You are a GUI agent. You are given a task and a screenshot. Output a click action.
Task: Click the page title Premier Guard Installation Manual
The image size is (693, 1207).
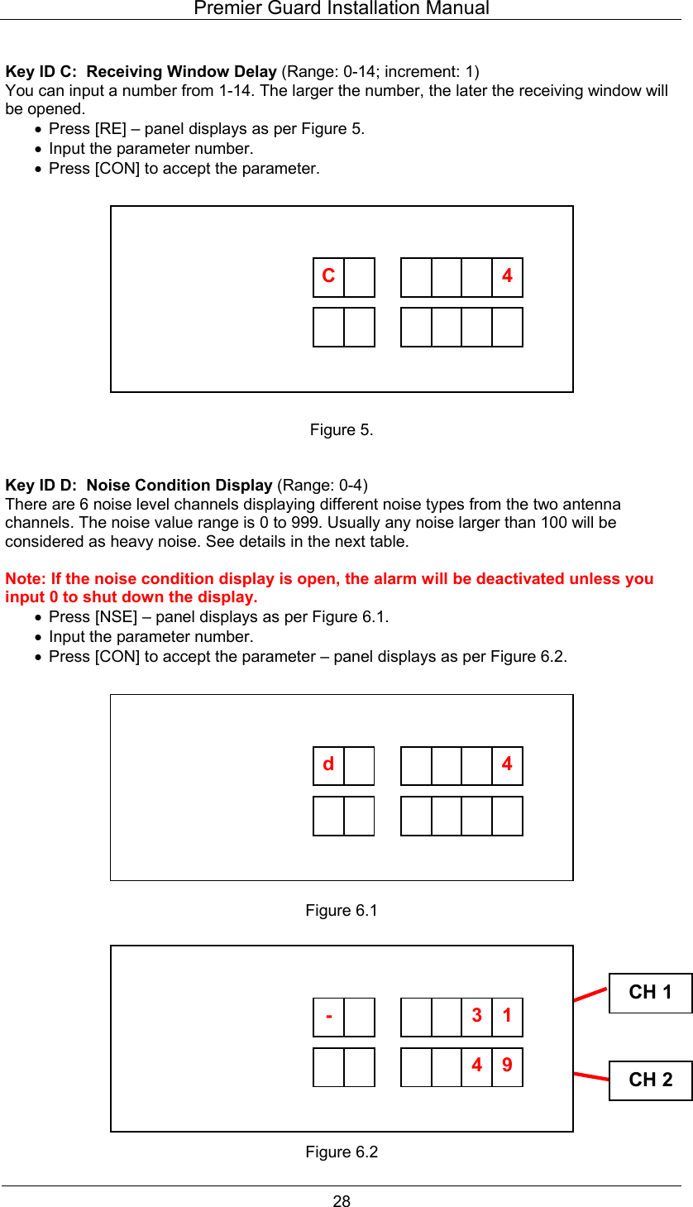341,9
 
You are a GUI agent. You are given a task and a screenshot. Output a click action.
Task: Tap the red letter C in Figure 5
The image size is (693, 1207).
328,276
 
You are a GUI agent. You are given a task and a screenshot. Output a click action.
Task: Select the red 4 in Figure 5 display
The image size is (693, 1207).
507,276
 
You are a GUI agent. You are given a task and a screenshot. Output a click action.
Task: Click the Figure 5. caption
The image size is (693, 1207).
341,430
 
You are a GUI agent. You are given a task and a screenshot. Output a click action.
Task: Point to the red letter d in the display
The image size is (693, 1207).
328,764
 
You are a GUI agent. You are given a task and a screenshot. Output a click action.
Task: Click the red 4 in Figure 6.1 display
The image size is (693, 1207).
507,764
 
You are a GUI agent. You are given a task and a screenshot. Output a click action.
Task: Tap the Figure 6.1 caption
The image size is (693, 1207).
341,911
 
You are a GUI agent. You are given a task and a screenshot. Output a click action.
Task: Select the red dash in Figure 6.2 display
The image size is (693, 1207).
329,1016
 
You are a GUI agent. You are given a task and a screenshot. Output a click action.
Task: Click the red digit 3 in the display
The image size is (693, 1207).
477,1016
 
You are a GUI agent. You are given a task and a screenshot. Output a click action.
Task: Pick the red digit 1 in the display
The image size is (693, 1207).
507,1016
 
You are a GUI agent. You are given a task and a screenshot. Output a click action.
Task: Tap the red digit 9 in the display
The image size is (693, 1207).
507,1066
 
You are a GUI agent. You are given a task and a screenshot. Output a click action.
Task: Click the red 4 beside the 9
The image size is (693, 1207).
477,1066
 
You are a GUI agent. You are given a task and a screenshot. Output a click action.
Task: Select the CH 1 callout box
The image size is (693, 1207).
650,993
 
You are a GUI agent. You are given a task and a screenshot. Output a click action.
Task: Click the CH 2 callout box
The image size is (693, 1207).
650,1080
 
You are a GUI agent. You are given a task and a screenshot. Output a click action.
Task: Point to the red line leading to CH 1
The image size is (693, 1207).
590,994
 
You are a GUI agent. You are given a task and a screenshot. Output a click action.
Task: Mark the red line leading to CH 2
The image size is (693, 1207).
590,1075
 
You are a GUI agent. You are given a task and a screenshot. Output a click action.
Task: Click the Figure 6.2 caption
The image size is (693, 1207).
341,1152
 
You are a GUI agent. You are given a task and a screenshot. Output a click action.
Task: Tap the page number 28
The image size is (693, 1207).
342,1201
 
